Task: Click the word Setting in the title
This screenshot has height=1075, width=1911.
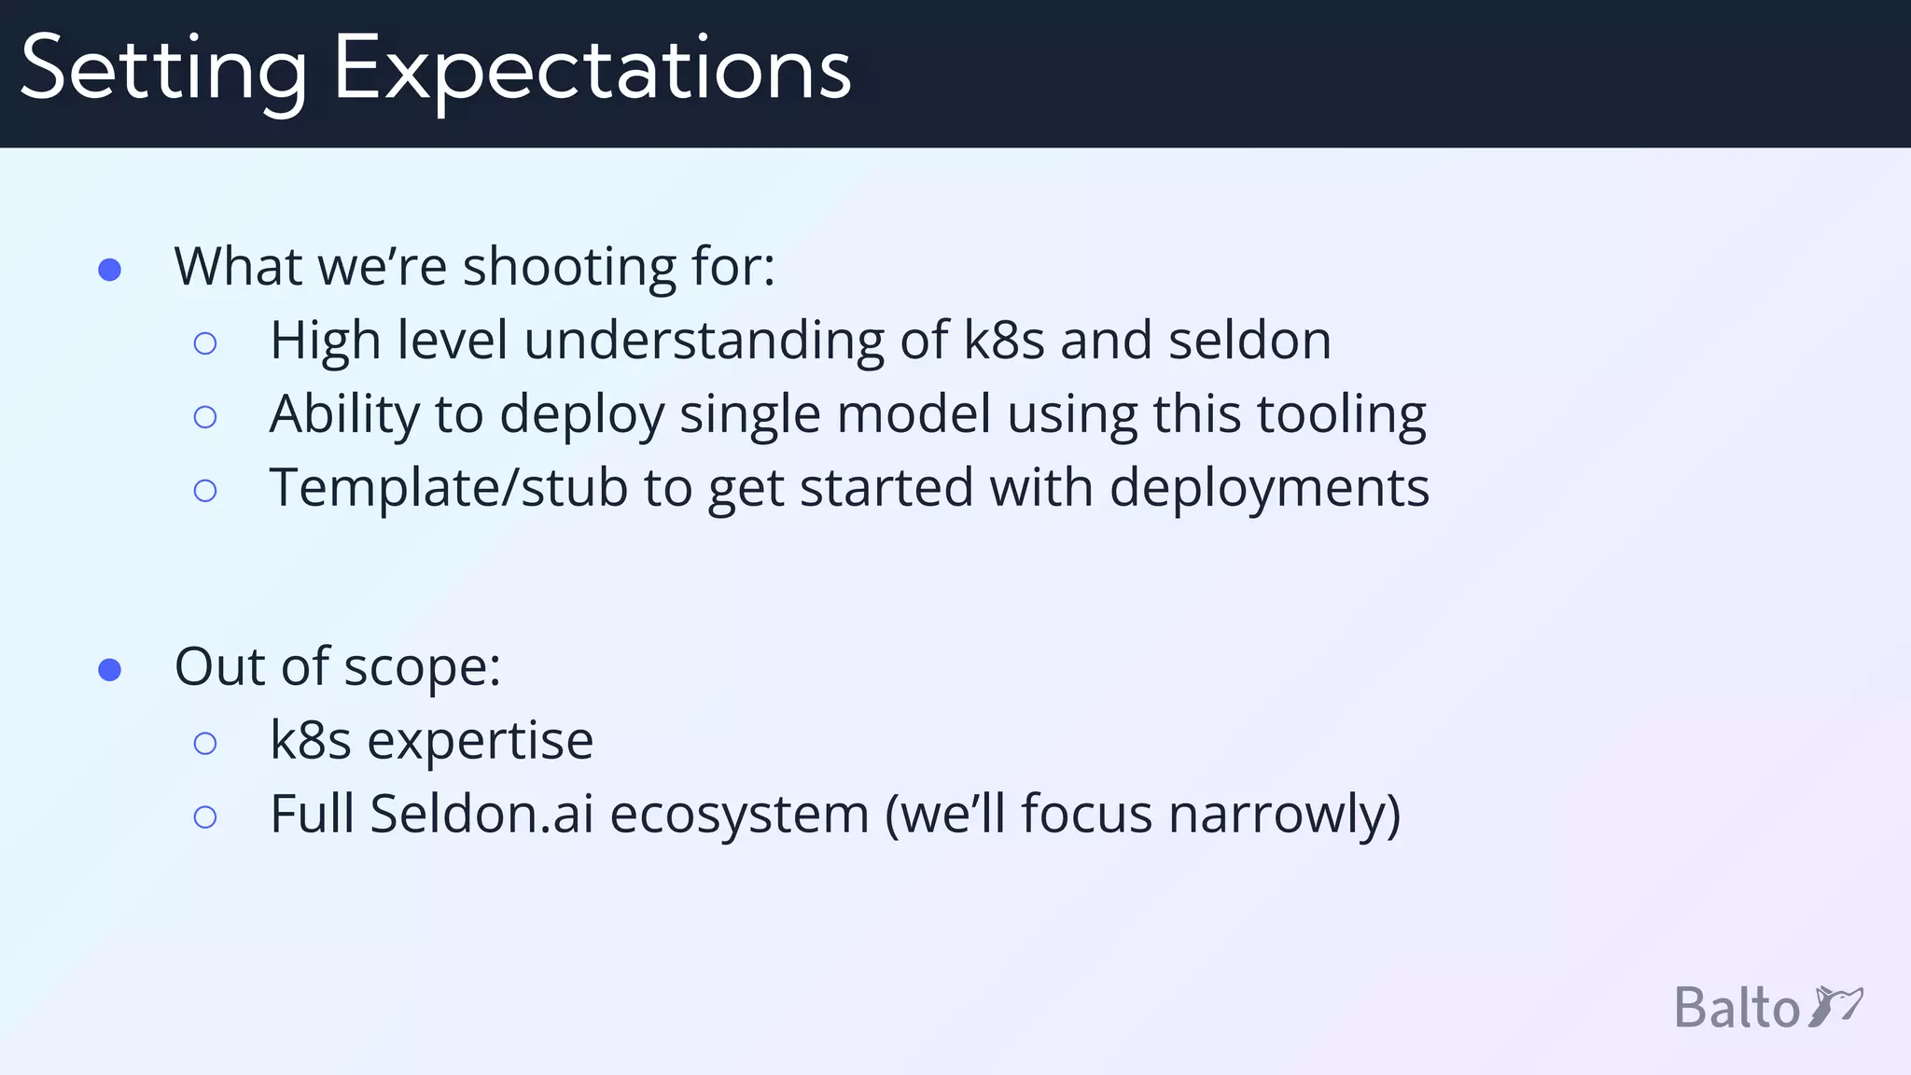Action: [163, 70]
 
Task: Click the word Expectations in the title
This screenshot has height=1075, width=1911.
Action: [592, 70]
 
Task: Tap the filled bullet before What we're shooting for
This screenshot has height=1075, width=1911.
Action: [110, 270]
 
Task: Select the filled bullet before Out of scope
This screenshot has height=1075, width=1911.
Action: [110, 670]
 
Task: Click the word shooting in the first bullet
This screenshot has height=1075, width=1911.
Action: [568, 268]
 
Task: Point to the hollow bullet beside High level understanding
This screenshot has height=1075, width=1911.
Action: [205, 343]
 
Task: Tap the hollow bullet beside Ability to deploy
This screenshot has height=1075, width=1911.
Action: [205, 417]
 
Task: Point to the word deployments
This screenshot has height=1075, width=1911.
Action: [1269, 489]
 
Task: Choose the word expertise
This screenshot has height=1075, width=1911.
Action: [480, 742]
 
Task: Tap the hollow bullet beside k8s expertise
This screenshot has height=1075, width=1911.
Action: [205, 744]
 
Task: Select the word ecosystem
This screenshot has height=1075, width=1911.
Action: [739, 816]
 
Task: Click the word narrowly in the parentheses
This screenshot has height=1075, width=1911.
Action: [1283, 816]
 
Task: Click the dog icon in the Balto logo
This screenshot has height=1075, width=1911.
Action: [1835, 1007]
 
